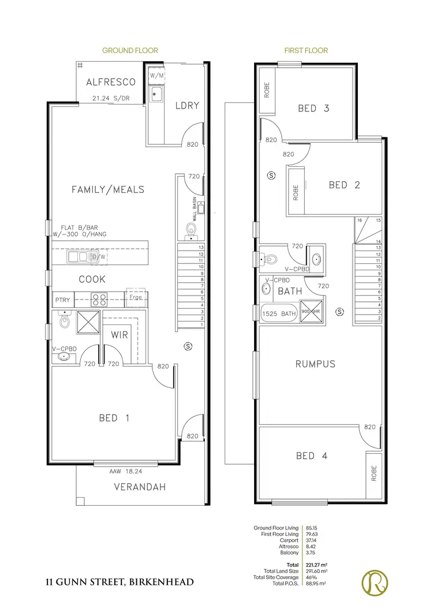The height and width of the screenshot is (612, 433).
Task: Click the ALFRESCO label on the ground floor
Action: click(110, 83)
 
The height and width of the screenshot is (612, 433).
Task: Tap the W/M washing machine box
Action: click(156, 76)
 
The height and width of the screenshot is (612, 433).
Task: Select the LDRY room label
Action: click(187, 105)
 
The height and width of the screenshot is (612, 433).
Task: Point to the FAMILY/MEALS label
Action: click(107, 189)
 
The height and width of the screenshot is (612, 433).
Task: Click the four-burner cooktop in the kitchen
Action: click(99, 300)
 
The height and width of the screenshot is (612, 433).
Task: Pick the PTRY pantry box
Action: click(62, 300)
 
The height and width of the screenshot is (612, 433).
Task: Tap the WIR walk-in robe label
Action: click(120, 334)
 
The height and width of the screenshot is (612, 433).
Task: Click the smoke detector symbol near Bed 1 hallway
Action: click(186, 346)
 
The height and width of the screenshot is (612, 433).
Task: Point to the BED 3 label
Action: click(313, 108)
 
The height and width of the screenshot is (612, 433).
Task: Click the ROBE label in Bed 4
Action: click(374, 473)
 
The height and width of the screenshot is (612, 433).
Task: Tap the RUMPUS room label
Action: click(315, 364)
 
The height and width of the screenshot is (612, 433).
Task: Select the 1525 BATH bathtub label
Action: click(279, 314)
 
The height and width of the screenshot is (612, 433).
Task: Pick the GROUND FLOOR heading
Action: click(130, 51)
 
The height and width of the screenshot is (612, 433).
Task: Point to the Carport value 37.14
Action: click(311, 540)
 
